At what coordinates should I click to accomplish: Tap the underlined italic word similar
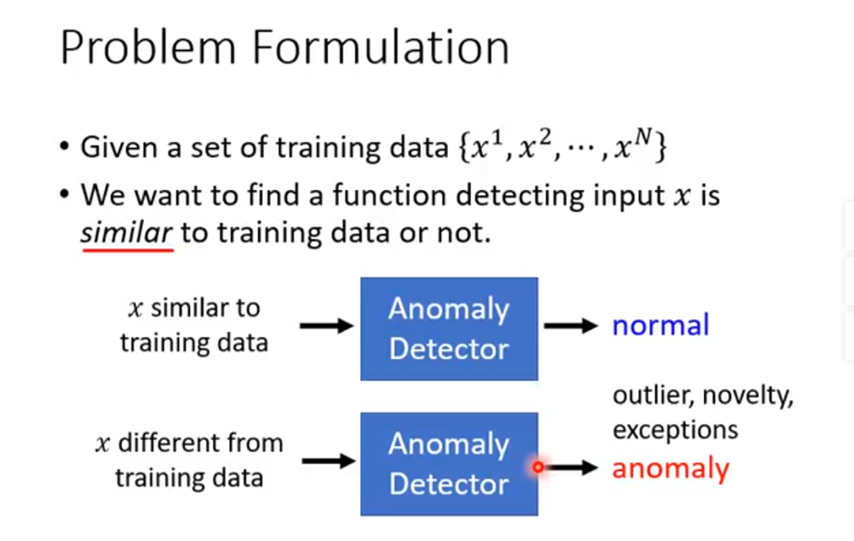tap(127, 233)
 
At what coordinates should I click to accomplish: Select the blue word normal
tap(660, 325)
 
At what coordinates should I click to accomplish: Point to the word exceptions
tap(675, 430)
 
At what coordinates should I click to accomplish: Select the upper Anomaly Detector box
tap(449, 328)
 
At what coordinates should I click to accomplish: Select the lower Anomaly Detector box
tap(449, 464)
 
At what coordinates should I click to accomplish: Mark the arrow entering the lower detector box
tap(328, 461)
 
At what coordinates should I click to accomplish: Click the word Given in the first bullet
tap(118, 148)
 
